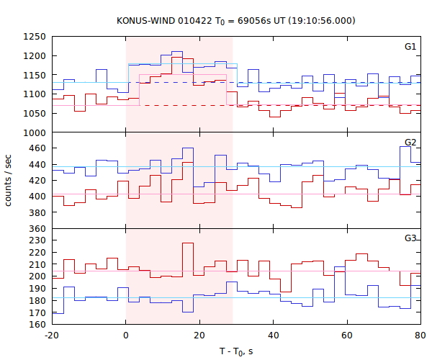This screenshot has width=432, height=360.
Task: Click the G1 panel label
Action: click(410, 47)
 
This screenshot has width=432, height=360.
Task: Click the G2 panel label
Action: click(410, 143)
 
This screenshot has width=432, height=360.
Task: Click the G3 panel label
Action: click(410, 238)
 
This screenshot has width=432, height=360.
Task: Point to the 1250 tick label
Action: click(35, 37)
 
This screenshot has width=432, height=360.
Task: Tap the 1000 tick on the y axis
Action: click(35, 132)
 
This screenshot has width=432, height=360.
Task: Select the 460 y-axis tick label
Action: click(37, 149)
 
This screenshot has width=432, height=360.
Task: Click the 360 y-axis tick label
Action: click(37, 229)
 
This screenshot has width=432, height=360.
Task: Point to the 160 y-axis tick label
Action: click(37, 325)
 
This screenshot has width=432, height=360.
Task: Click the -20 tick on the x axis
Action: click(52, 336)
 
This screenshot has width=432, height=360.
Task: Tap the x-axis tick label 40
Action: click(273, 336)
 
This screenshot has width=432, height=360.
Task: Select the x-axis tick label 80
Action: click(420, 336)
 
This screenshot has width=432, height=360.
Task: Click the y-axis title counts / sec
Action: click(9, 180)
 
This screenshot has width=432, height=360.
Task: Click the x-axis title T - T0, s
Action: click(235, 351)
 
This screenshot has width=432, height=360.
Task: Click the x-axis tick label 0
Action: click(126, 336)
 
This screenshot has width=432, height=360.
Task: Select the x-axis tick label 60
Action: click(347, 336)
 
